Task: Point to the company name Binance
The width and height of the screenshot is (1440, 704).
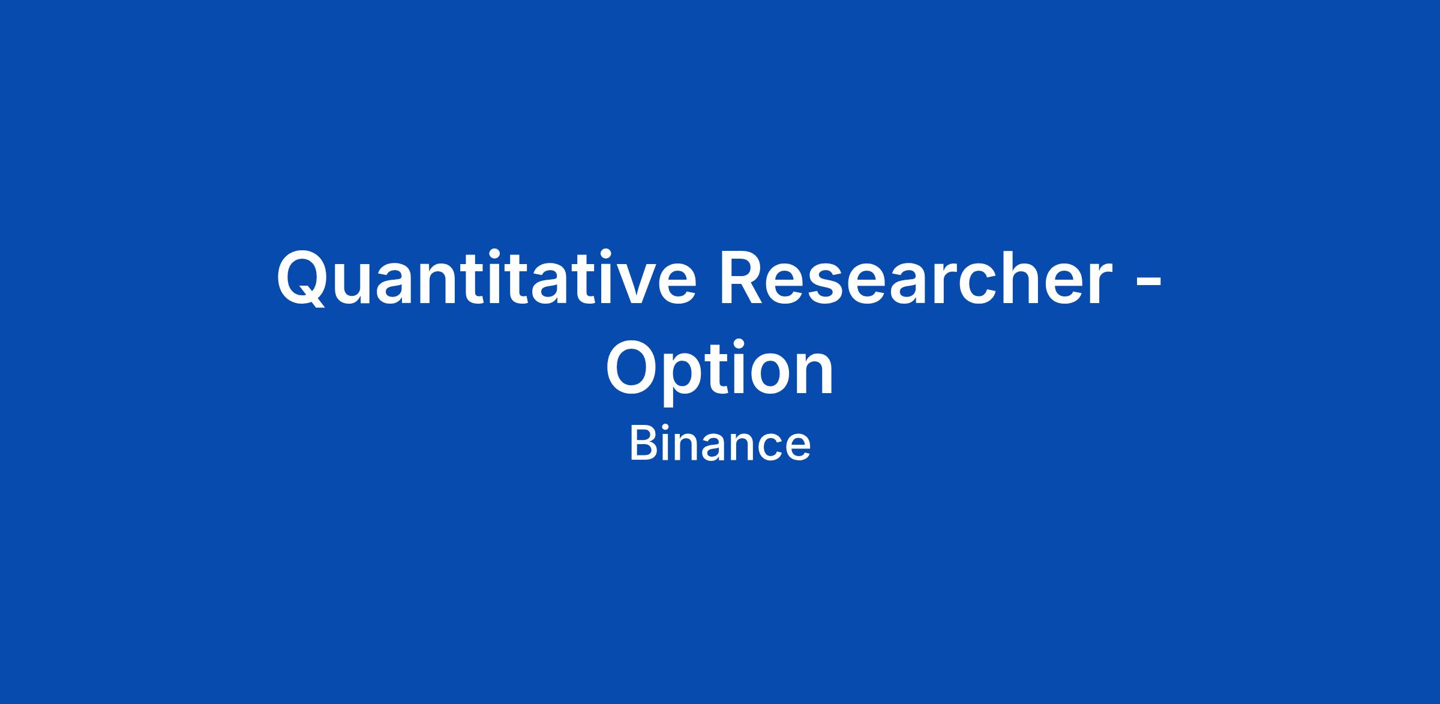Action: click(x=720, y=444)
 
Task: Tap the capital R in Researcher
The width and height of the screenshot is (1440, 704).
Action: click(x=743, y=277)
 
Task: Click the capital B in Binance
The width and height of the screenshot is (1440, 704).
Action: click(x=645, y=444)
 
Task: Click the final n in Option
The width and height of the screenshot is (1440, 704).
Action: click(x=817, y=376)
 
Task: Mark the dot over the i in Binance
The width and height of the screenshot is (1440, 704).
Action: click(x=671, y=429)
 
